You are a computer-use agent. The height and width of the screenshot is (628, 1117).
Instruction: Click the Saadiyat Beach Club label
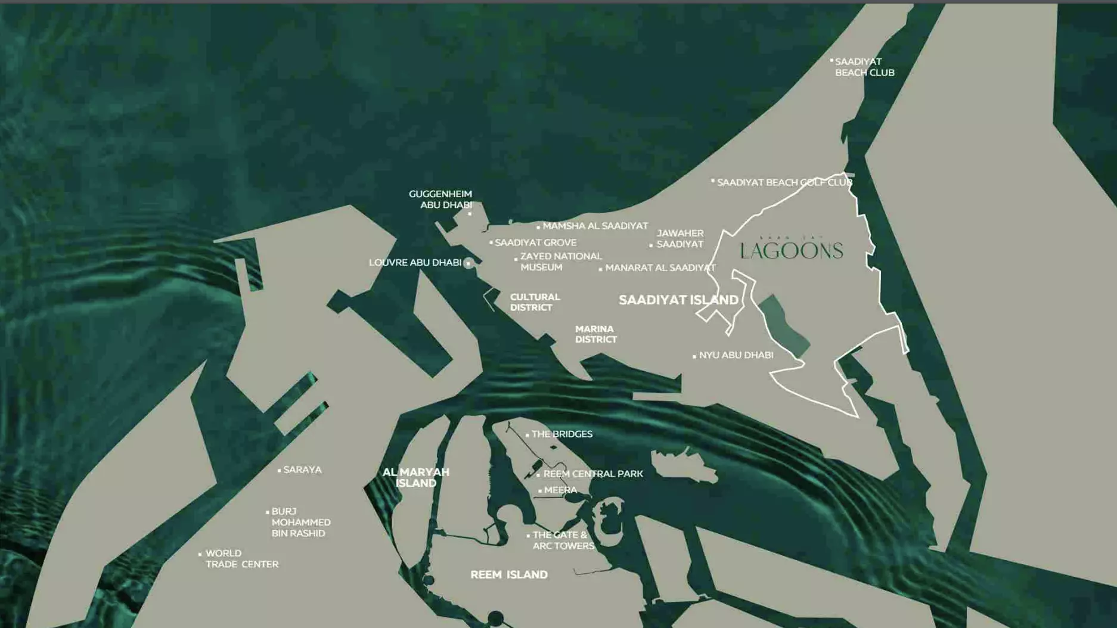click(864, 67)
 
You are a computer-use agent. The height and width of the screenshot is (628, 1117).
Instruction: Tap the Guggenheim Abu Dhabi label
click(440, 199)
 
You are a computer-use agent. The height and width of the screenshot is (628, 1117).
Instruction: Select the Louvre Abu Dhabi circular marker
click(468, 263)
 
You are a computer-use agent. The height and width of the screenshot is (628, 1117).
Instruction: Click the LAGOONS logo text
click(792, 251)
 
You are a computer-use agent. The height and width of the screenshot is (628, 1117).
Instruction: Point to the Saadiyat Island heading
click(678, 300)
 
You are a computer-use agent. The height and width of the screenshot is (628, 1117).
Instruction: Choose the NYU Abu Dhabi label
click(736, 355)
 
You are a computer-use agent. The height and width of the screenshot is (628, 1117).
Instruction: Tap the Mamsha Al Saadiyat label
click(595, 226)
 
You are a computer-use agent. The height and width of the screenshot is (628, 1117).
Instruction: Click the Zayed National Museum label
click(560, 262)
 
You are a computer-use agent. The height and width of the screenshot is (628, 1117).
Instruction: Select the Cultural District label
click(535, 302)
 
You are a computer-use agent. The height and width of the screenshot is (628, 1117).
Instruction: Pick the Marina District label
click(595, 334)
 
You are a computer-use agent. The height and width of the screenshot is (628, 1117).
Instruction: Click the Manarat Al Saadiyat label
click(660, 268)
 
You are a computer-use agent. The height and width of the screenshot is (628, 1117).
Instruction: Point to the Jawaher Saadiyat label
click(679, 238)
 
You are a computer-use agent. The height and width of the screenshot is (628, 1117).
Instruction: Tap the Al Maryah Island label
click(416, 477)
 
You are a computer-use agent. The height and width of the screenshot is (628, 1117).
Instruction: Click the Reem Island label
click(509, 575)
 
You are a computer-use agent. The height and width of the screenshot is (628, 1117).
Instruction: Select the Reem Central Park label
click(593, 474)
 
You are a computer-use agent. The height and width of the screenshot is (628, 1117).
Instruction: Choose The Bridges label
click(561, 434)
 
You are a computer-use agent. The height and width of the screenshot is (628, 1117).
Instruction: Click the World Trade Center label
click(241, 559)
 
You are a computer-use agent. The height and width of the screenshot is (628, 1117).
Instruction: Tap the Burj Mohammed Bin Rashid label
click(300, 522)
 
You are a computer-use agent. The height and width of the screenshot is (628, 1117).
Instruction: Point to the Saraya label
click(302, 470)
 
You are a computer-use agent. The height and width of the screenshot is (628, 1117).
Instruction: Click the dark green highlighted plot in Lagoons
click(784, 325)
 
